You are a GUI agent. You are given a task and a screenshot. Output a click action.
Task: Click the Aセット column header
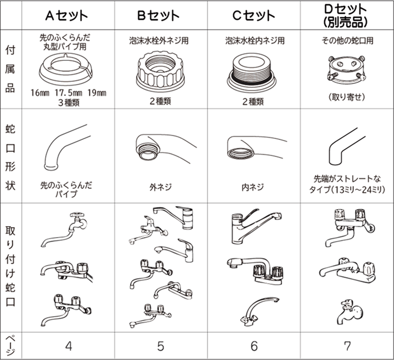pyautogui.click(x=66, y=15)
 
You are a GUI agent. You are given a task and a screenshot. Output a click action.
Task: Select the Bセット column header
pyautogui.click(x=159, y=15)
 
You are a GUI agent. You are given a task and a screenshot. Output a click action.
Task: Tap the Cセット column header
pyautogui.click(x=254, y=15)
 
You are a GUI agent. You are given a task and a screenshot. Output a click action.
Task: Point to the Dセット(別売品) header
pyautogui.click(x=346, y=15)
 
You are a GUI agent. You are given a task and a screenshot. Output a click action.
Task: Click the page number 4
pyautogui.click(x=69, y=346)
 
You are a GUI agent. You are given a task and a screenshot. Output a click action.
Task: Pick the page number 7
pyautogui.click(x=347, y=346)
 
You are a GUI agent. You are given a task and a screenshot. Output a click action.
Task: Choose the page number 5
pyautogui.click(x=161, y=346)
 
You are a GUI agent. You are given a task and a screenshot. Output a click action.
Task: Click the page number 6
pyautogui.click(x=254, y=346)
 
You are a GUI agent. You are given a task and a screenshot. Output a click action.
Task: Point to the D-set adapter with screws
pyautogui.click(x=346, y=69)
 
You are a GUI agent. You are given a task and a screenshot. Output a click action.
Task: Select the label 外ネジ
pyautogui.click(x=161, y=187)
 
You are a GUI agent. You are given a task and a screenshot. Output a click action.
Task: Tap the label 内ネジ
pyautogui.click(x=253, y=187)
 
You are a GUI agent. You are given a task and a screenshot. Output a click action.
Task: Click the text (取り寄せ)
pyautogui.click(x=347, y=97)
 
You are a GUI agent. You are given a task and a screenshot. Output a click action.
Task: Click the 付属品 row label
pyautogui.click(x=10, y=69)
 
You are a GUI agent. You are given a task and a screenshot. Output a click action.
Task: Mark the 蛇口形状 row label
pyautogui.click(x=10, y=157)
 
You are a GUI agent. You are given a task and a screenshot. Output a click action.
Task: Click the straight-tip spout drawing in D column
pyautogui.click(x=347, y=147)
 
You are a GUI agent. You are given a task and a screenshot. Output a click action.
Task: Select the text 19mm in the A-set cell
pyautogui.click(x=97, y=93)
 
